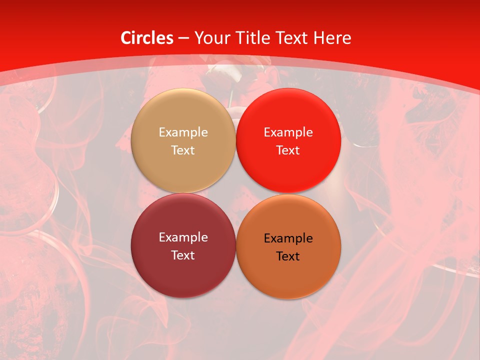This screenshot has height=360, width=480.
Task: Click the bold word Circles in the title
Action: coord(147,38)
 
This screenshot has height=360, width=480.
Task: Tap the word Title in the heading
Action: coord(254,38)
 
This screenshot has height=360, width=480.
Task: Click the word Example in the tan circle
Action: coord(183,132)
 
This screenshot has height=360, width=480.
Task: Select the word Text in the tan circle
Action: coord(183,150)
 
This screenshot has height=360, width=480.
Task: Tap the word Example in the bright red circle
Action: coord(288,132)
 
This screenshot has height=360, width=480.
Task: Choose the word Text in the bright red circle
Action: coord(288,150)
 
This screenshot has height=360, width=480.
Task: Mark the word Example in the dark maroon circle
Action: coord(183,237)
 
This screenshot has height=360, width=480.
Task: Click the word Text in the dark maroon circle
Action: coord(183,255)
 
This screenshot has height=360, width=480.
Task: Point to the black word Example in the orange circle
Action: coord(288,238)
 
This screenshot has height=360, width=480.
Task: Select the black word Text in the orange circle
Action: coord(288,256)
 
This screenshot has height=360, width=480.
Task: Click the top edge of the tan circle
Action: coord(183,89)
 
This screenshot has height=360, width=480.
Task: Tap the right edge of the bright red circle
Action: coord(340,141)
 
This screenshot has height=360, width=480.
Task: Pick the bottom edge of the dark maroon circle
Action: coord(183,297)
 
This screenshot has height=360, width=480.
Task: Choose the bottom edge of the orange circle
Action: coord(288,298)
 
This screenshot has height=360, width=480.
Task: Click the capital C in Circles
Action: coord(126,38)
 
